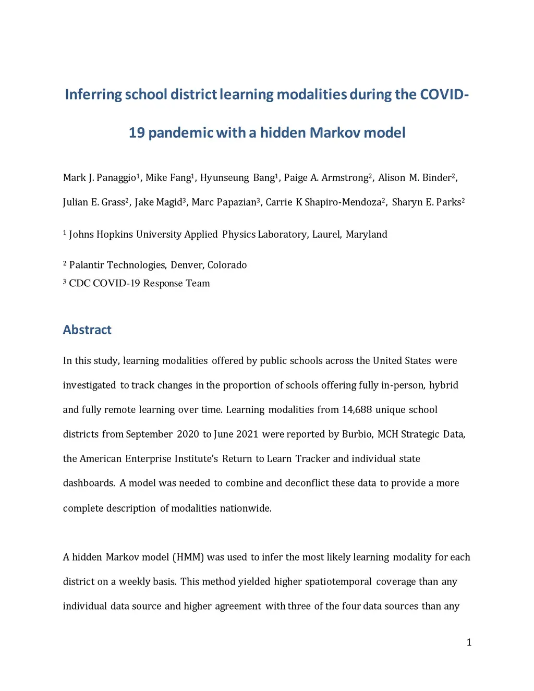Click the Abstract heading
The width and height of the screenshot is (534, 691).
pyautogui.click(x=87, y=330)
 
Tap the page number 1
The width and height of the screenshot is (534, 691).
pyautogui.click(x=469, y=642)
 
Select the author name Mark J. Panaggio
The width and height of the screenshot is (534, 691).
pyautogui.click(x=99, y=178)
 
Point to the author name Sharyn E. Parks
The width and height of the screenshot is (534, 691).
pyautogui.click(x=426, y=202)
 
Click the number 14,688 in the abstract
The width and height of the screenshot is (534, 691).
pyautogui.click(x=357, y=410)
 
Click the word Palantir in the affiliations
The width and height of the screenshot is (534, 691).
pyautogui.click(x=86, y=265)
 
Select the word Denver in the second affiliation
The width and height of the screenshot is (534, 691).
pyautogui.click(x=186, y=265)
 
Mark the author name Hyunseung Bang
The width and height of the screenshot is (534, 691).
pyautogui.click(x=237, y=178)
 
